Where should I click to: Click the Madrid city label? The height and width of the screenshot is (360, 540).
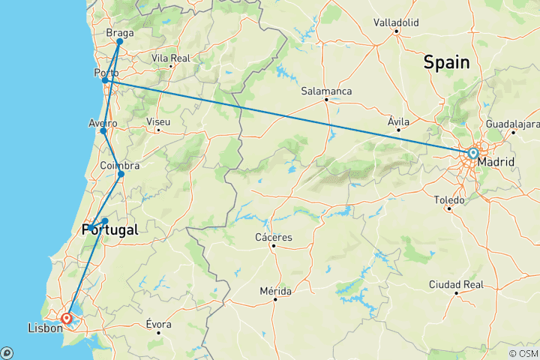click(495, 161)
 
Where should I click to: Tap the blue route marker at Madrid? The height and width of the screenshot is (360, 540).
click(472, 153)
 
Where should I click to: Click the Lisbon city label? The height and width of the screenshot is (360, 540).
click(43, 328)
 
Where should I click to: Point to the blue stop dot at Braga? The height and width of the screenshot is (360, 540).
click(119, 42)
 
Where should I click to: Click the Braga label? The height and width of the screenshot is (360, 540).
click(119, 33)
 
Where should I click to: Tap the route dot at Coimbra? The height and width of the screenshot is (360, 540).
click(121, 174)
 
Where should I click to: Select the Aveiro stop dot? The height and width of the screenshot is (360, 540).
click(103, 130)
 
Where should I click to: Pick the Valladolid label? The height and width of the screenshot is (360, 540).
click(396, 23)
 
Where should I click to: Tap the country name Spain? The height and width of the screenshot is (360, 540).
click(447, 63)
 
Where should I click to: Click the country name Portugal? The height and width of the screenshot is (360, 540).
click(109, 230)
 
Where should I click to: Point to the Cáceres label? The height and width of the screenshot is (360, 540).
click(274, 237)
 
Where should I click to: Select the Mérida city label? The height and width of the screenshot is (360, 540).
click(275, 290)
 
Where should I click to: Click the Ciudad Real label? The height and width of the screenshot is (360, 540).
click(456, 284)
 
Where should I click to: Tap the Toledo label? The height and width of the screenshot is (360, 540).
click(449, 199)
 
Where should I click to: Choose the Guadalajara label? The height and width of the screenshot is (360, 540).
click(512, 123)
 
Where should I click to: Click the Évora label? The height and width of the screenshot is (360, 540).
click(158, 324)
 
